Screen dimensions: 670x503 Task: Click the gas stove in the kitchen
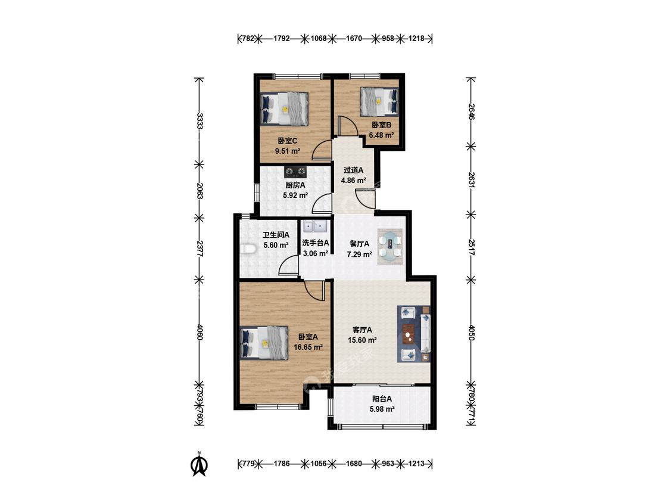295,172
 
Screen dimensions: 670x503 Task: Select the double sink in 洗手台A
316,225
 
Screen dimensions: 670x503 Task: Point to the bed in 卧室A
264,343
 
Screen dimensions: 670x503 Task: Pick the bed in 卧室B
379,102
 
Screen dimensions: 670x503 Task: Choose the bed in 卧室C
284,109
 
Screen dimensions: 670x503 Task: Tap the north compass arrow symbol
199,464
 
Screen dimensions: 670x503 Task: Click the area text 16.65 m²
308,347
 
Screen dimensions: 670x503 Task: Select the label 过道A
353,170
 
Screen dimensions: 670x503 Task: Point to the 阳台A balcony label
382,399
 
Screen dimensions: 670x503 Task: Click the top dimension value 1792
282,39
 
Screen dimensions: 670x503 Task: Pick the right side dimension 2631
471,180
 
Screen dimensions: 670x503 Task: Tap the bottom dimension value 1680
354,463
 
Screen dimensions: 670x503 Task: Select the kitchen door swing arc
322,203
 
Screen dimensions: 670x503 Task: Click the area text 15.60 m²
362,340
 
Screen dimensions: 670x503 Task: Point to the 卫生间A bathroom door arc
288,266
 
